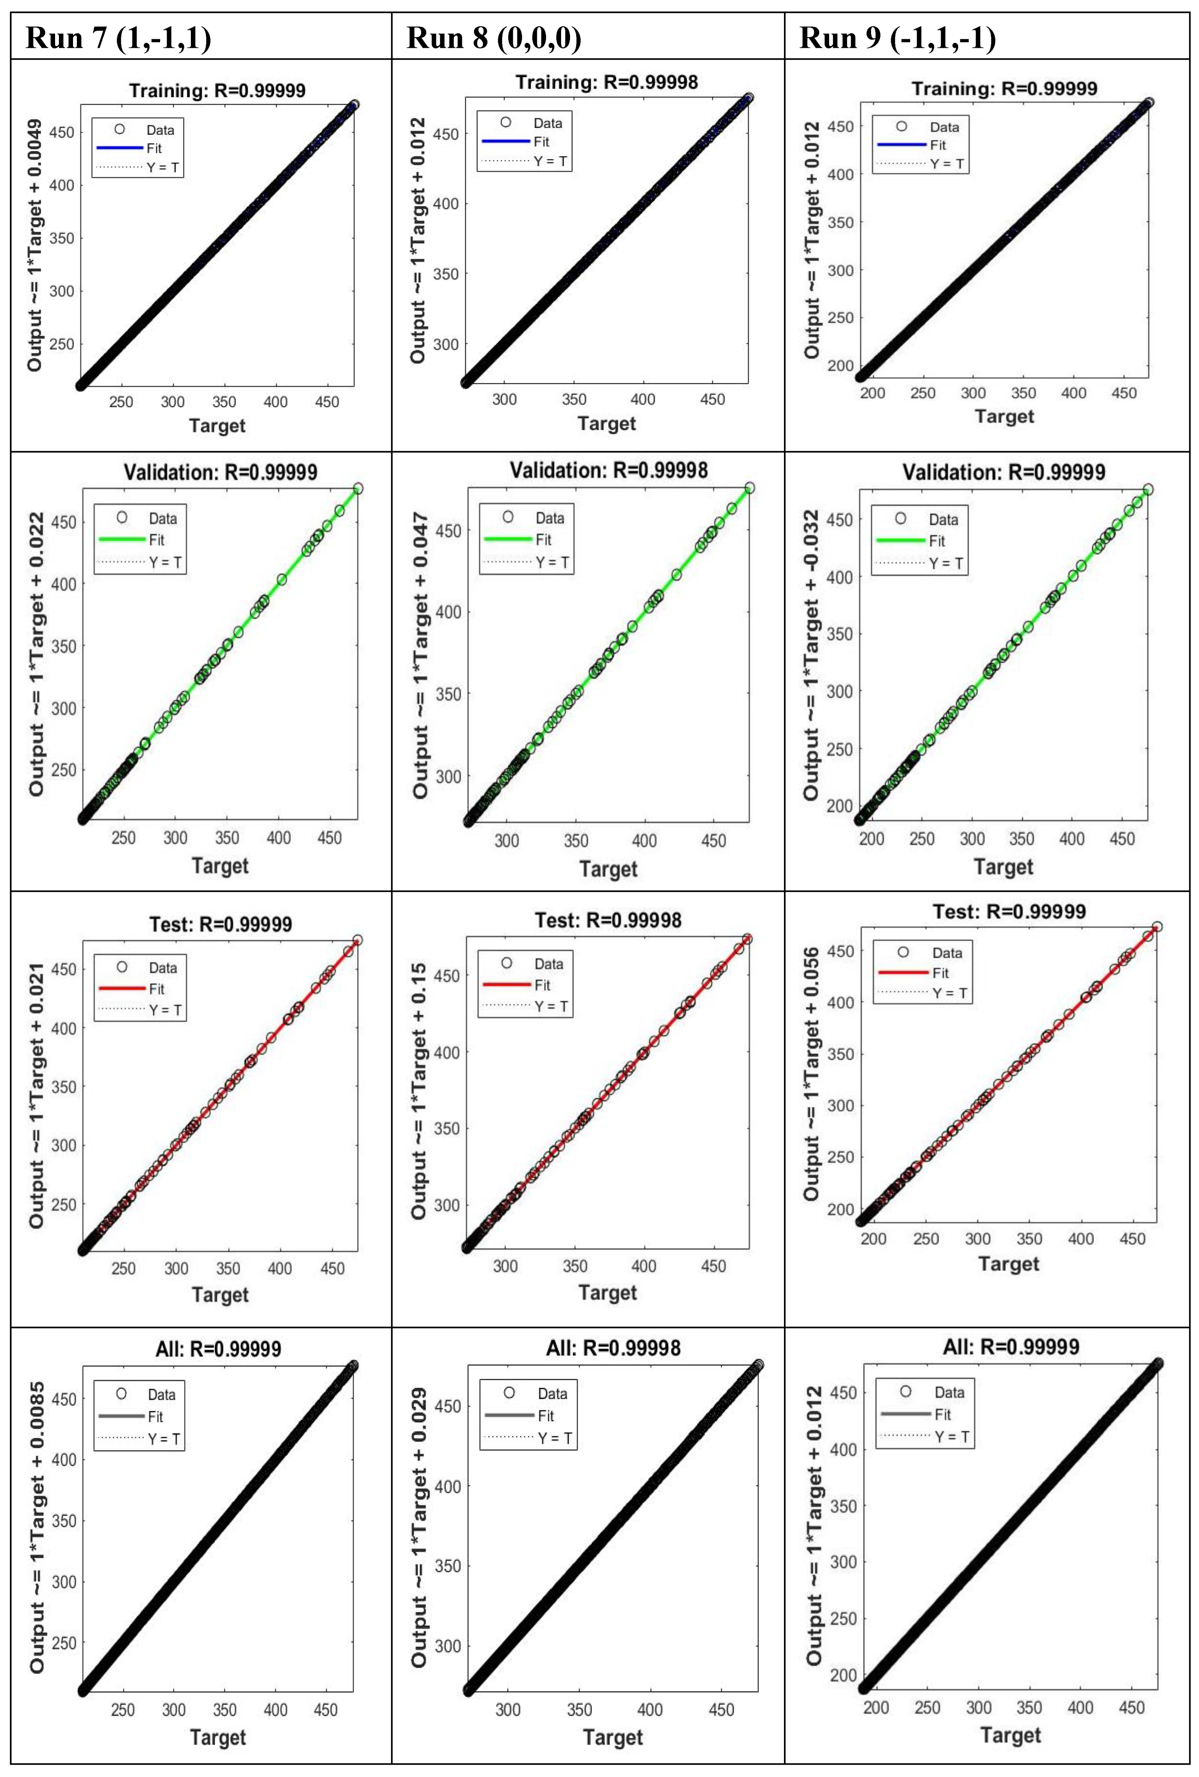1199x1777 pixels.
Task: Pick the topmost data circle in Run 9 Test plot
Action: click(1157, 926)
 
